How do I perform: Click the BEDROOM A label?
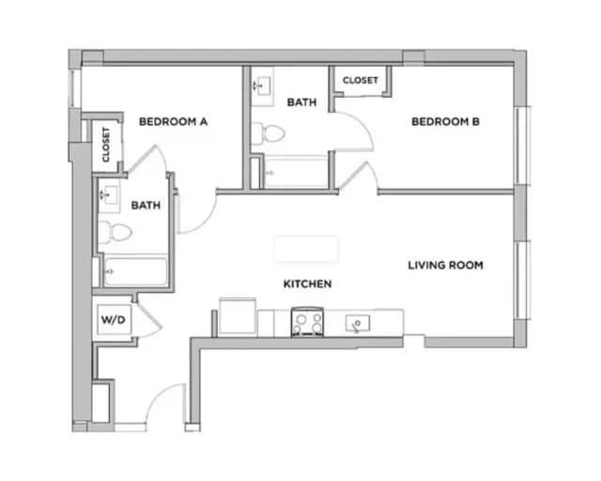173,121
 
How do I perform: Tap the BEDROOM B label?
446,121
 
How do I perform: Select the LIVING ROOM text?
445,266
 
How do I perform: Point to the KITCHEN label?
308,283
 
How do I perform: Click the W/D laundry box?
113,320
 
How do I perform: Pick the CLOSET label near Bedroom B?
360,81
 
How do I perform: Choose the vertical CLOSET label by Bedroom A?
106,144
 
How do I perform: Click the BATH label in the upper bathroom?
300,101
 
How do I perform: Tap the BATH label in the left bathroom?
145,205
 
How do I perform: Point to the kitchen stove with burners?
308,322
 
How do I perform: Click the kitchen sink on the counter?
358,324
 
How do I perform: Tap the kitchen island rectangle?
306,249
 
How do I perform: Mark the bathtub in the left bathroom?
135,272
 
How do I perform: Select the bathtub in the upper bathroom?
295,174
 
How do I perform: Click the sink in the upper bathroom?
260,85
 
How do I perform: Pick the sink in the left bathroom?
110,196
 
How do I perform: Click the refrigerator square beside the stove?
239,317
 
